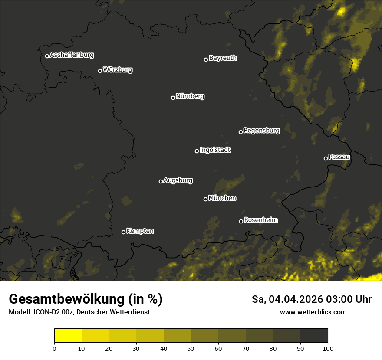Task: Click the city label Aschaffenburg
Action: [72, 55]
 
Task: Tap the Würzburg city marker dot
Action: [100, 71]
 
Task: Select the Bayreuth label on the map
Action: [223, 58]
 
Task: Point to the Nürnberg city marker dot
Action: [173, 98]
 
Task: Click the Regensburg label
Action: [261, 131]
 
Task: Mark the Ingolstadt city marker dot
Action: [197, 151]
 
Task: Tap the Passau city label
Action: [339, 157]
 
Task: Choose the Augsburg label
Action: [178, 180]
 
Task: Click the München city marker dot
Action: [205, 199]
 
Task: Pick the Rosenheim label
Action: [260, 220]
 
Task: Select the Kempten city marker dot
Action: [123, 232]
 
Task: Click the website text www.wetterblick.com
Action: [313, 312]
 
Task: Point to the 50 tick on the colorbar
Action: [191, 348]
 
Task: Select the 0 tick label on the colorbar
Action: [54, 348]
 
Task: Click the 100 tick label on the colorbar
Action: [328, 348]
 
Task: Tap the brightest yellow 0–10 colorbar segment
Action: [68, 336]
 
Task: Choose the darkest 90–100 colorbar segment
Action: [314, 336]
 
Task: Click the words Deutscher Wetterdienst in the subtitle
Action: [113, 312]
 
